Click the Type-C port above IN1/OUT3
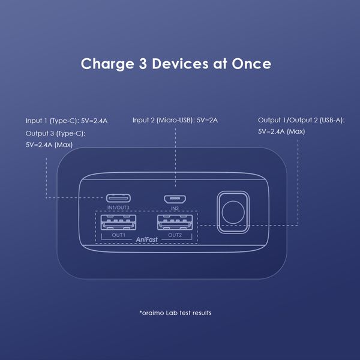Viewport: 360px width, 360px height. click(x=118, y=198)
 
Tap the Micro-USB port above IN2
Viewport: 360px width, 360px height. click(x=175, y=198)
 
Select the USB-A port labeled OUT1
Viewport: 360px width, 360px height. click(x=118, y=223)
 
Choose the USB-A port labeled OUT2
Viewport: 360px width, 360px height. click(x=175, y=223)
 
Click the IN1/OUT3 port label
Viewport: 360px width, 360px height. click(x=118, y=208)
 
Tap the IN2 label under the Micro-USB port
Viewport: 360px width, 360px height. click(x=175, y=208)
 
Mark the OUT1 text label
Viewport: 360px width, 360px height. click(x=118, y=235)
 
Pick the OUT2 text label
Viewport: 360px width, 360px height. click(x=175, y=235)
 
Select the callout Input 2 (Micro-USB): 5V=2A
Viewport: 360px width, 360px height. click(x=175, y=120)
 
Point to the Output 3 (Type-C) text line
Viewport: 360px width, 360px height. click(x=55, y=133)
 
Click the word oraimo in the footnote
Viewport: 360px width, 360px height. click(x=153, y=313)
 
